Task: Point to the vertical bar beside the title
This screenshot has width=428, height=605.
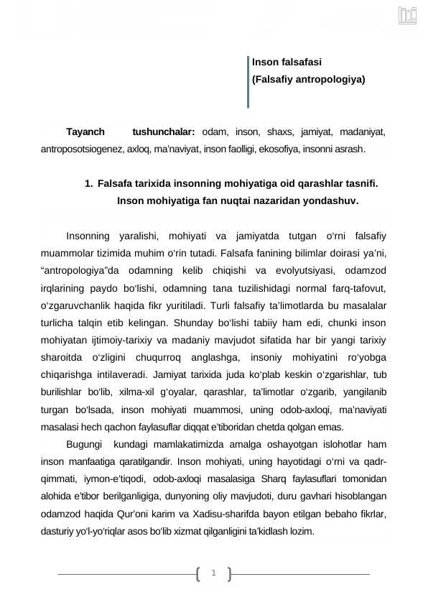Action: pyautogui.click(x=247, y=81)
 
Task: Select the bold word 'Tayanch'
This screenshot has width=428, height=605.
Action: pyautogui.click(x=85, y=132)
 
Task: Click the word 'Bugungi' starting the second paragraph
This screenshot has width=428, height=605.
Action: pyautogui.click(x=84, y=444)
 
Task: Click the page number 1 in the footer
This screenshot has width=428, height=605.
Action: pyautogui.click(x=213, y=573)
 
